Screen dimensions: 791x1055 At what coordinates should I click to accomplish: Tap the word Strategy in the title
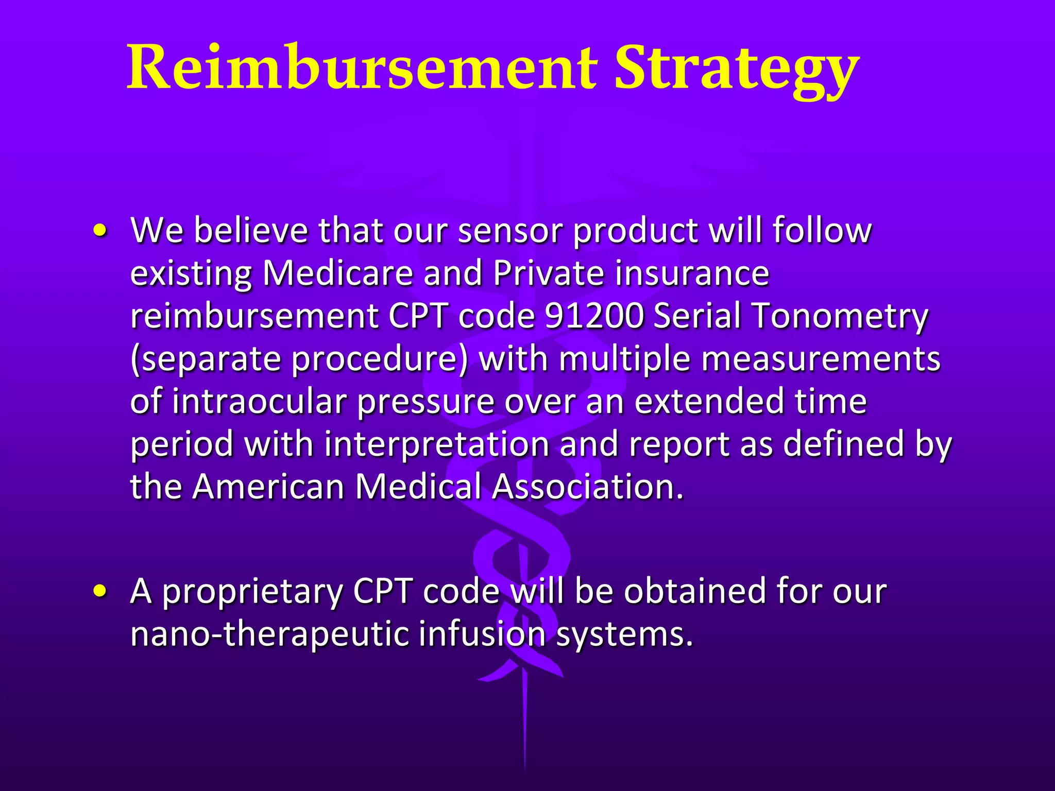click(737, 70)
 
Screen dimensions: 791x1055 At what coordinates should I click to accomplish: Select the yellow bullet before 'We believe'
click(101, 231)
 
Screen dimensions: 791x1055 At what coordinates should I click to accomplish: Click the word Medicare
click(338, 273)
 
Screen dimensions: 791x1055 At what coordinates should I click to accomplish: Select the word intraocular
click(260, 401)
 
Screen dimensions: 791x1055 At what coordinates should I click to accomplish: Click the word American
click(268, 486)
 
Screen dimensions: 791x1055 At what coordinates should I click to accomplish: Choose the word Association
click(587, 486)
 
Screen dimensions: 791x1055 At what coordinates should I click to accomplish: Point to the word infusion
click(482, 634)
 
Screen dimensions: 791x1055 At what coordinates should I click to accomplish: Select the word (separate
click(206, 359)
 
